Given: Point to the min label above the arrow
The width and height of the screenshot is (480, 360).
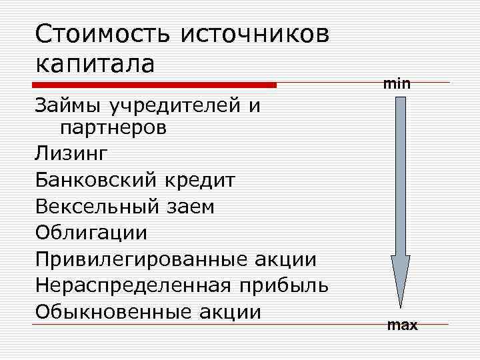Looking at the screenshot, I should pyautogui.click(x=397, y=84).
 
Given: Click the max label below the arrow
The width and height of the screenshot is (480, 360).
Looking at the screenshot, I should pyautogui.click(x=402, y=325).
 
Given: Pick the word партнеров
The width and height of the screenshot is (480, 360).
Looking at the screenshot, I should pyautogui.click(x=113, y=127).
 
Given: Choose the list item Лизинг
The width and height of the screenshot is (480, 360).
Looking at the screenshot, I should pyautogui.click(x=71, y=154).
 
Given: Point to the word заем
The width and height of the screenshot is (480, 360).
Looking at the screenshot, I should pyautogui.click(x=189, y=207).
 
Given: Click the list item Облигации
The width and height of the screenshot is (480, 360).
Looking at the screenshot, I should pyautogui.click(x=91, y=233).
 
